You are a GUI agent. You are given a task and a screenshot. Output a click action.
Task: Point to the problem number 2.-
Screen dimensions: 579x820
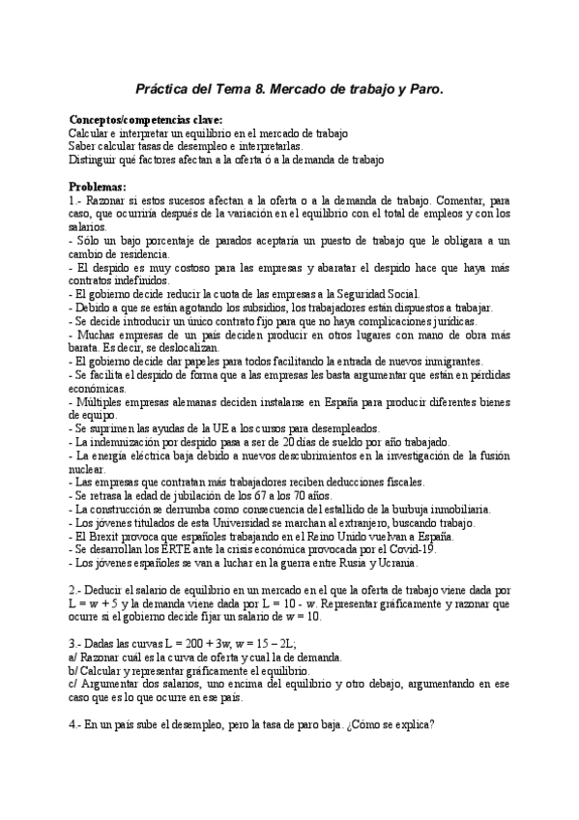[77, 589]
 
